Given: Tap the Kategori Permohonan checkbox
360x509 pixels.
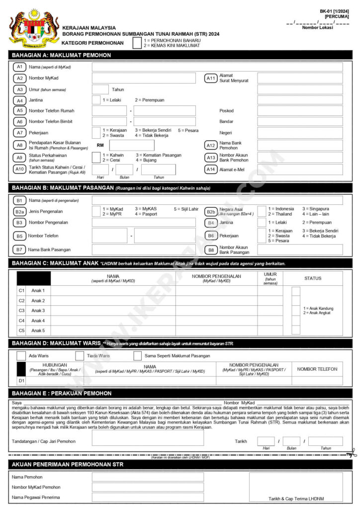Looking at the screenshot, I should coord(137,43).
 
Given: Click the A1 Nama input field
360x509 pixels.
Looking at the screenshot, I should coord(217,67).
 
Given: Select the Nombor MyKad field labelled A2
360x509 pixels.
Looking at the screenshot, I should coord(144,78).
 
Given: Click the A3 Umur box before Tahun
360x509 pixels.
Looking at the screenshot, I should coord(100,89).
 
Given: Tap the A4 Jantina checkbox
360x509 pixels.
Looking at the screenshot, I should coord(96,100).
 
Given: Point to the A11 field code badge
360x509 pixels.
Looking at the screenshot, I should coord(211,78).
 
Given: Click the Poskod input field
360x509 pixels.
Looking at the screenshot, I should coord(300,111).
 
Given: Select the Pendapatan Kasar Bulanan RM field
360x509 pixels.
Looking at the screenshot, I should coord(129,145).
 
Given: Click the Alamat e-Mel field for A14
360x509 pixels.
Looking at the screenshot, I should coord(300,170).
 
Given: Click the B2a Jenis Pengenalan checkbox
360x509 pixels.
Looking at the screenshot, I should coord(96,211).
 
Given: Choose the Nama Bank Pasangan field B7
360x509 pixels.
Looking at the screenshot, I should coord(144,250).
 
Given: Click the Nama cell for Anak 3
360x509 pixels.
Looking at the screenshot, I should coord(113,311).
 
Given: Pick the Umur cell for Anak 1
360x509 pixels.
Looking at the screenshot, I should coord(270,291).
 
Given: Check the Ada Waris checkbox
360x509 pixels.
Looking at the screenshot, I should coord(21,356).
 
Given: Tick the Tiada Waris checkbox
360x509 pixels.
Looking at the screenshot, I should coord(80,356).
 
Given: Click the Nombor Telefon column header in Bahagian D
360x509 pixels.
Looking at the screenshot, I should coord(317,369).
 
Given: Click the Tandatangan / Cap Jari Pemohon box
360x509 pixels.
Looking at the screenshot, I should coord(148,438).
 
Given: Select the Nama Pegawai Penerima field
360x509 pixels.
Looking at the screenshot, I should coord(148,497).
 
